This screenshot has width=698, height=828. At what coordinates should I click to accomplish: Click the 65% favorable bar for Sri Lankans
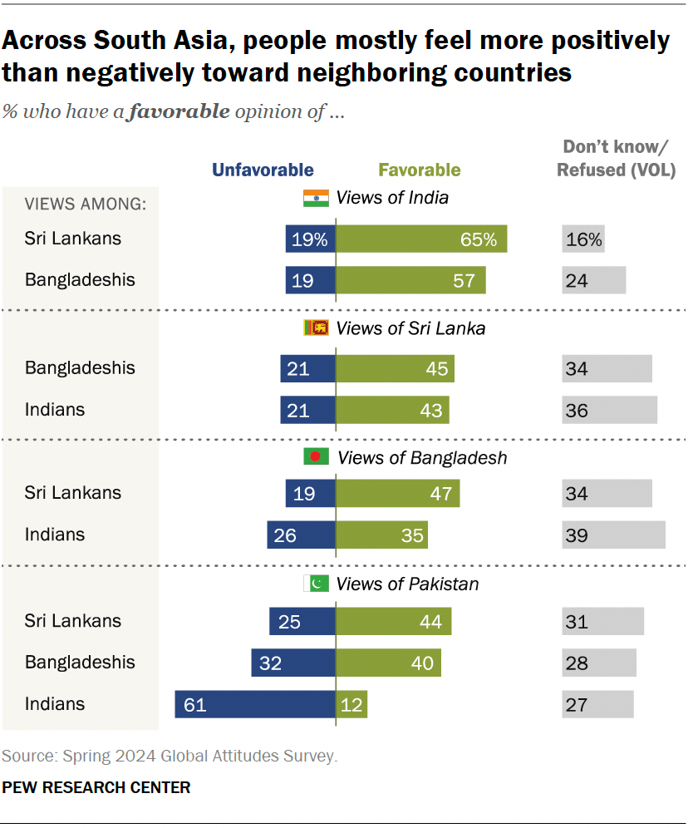coord(421,239)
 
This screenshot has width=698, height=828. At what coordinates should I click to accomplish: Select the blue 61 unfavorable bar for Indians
coord(255,704)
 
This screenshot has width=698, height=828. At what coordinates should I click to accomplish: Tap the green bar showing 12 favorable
coord(351,704)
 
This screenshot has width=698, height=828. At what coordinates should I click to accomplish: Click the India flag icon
coord(316,198)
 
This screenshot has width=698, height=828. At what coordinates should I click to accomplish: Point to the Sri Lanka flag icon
coord(316,328)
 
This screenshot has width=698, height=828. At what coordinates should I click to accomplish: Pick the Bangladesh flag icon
coord(317,457)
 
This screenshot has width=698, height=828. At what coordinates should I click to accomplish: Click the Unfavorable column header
coord(263,170)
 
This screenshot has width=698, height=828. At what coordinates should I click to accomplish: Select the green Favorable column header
coord(420,170)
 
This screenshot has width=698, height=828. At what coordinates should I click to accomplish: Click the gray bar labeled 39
coord(613,535)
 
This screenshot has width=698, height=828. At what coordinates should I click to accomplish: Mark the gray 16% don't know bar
coord(582,239)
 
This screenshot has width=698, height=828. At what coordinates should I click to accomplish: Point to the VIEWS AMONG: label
coord(86,205)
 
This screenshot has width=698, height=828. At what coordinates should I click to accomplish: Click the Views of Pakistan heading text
coord(407,584)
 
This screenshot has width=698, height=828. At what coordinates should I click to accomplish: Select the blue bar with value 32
coord(293,663)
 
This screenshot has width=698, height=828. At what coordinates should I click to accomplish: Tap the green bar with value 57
coord(410,280)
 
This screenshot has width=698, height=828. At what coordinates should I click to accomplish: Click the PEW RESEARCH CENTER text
coord(96,786)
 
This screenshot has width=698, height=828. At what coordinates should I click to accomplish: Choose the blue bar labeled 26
coord(301,535)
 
